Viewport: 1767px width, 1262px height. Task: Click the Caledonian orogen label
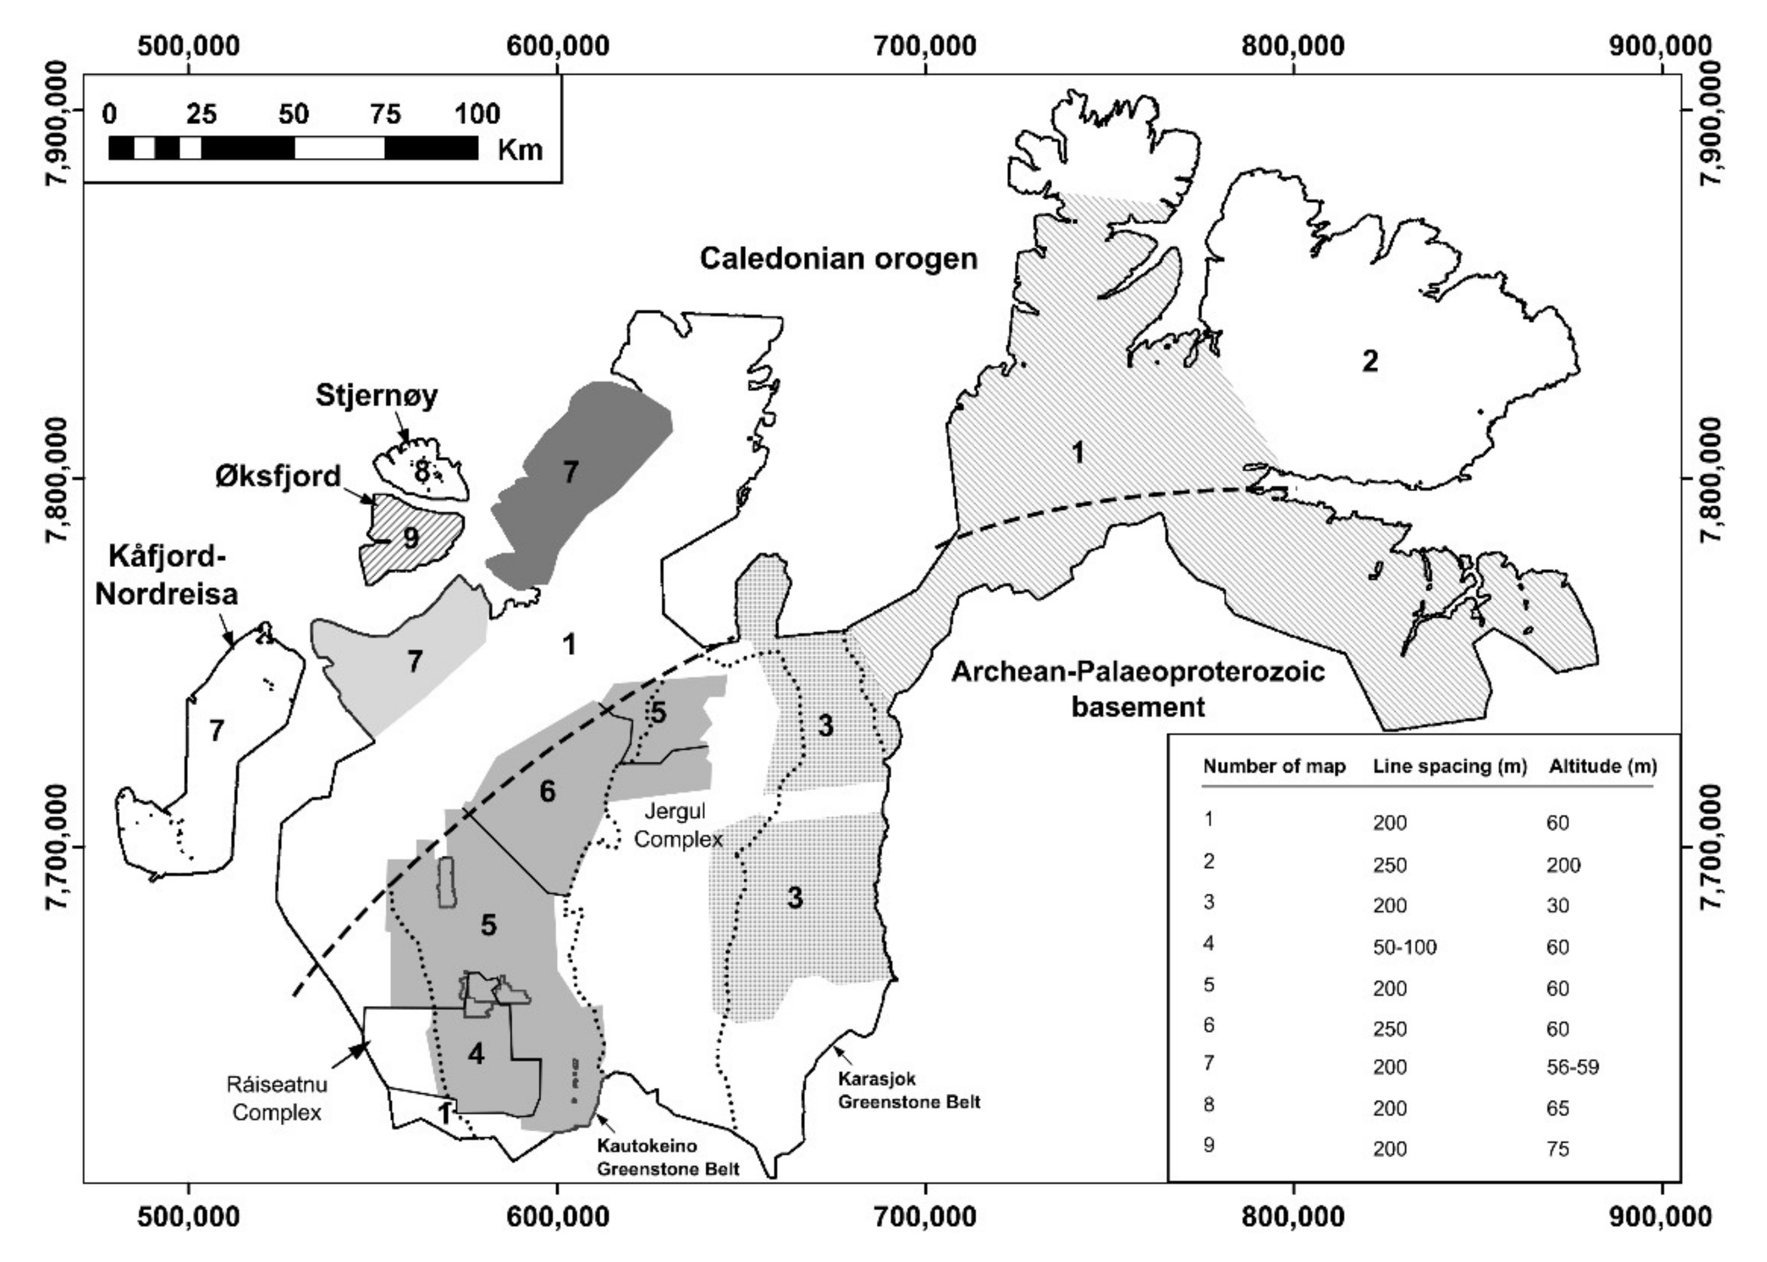(838, 259)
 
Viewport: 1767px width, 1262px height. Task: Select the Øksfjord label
(278, 476)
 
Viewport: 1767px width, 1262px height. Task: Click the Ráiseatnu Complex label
(277, 1098)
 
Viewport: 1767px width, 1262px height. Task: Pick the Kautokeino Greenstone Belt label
(668, 1157)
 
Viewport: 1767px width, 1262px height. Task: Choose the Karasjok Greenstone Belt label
(909, 1090)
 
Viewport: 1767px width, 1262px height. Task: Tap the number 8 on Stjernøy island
(421, 470)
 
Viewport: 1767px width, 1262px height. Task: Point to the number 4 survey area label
(476, 1054)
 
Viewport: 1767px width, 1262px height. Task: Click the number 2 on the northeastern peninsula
(1369, 361)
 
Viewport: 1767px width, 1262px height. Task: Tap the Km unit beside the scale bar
(520, 149)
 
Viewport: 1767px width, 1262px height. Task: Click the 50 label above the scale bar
(293, 114)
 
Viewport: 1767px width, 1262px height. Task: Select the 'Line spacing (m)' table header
(1450, 766)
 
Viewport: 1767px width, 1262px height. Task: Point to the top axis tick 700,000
(925, 47)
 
